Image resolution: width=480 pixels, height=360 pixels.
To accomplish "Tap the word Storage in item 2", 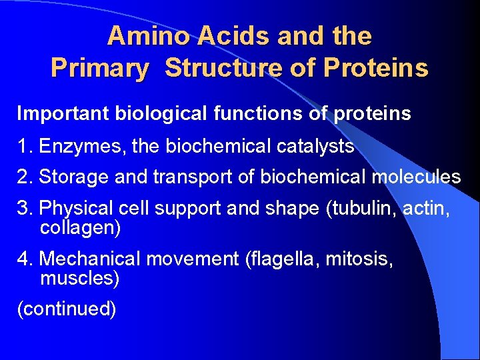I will [74, 177].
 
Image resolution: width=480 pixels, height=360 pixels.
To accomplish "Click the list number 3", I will [24, 209].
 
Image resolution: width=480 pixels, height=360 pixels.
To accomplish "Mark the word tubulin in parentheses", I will [361, 209].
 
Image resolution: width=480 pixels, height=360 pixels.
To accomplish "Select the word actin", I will [426, 209].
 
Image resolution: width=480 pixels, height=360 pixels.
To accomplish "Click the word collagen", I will [80, 229].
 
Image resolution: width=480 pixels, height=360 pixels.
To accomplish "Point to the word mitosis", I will [360, 259].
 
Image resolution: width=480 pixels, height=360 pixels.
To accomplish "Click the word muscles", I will [79, 278].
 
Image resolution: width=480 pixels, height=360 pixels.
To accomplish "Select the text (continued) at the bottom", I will [67, 309].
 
